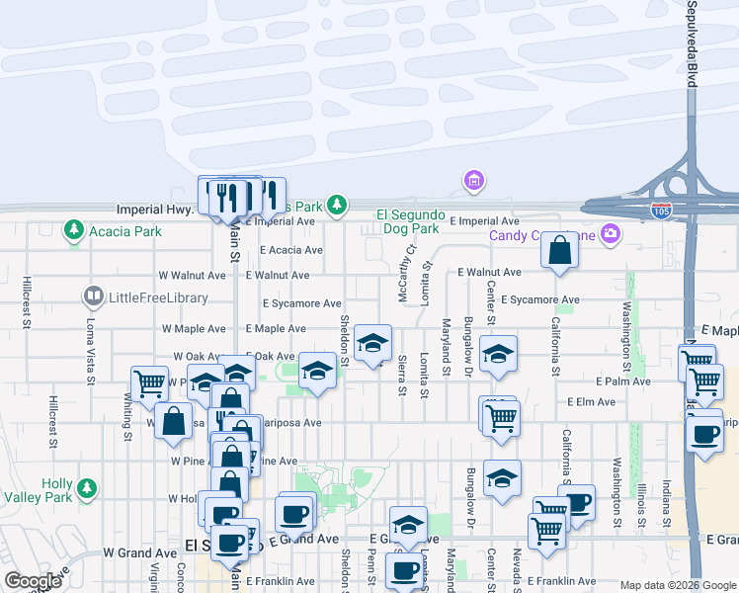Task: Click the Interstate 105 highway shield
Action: (661, 212)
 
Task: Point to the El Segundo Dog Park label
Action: (406, 221)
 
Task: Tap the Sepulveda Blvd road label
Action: (692, 44)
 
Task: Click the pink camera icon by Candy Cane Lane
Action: (611, 233)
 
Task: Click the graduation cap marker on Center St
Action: (499, 354)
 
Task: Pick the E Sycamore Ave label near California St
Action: (539, 298)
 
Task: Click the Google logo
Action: (33, 581)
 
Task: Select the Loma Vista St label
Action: (91, 353)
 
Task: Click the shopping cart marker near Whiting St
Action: (149, 381)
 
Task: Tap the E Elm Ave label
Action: (592, 402)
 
